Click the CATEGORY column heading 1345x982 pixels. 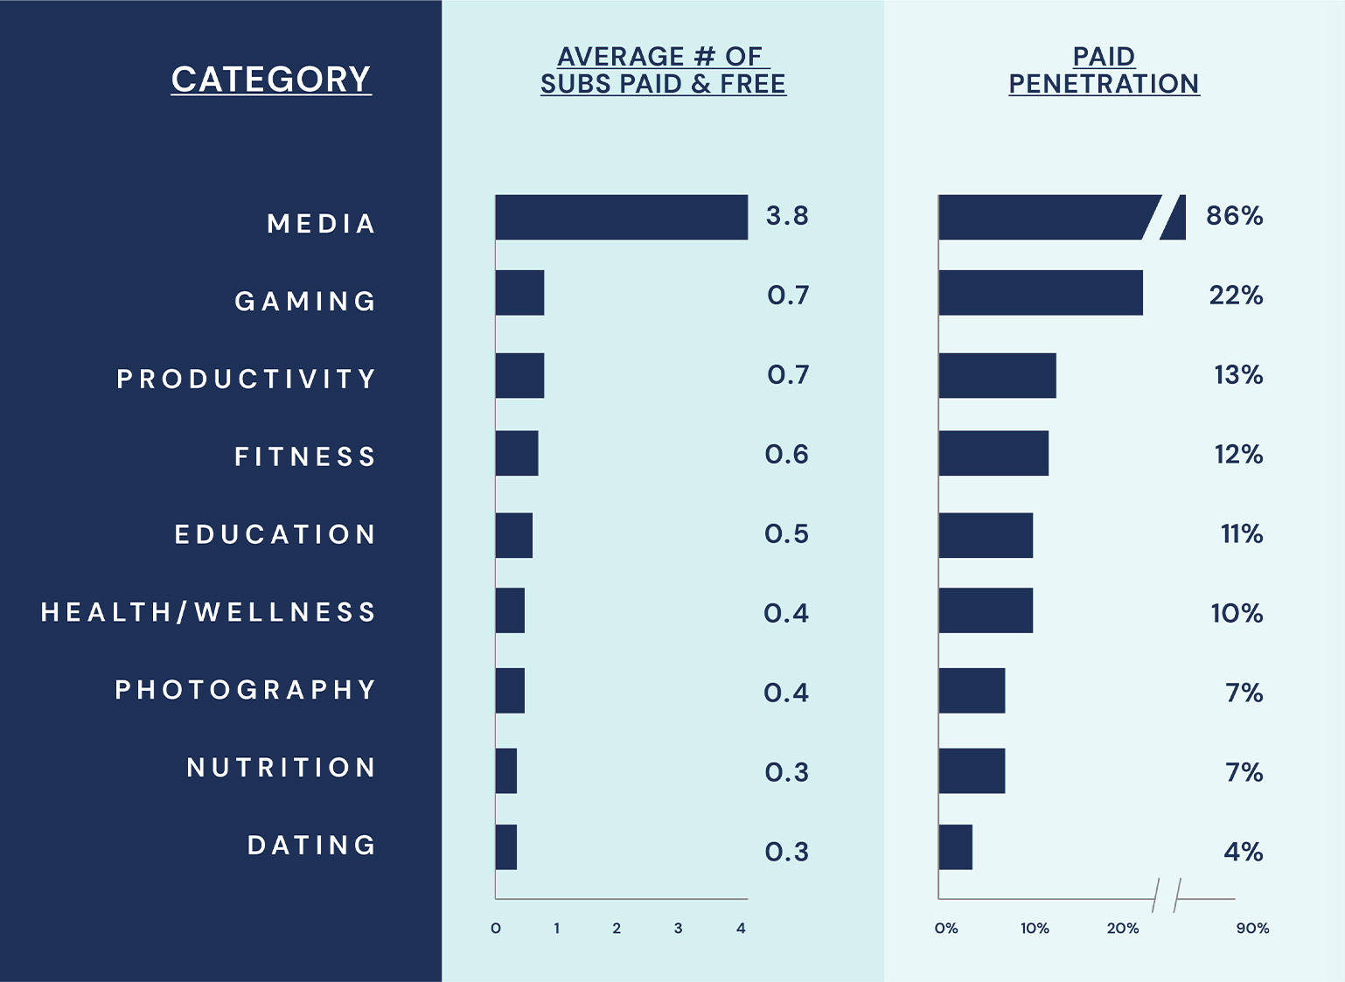271,80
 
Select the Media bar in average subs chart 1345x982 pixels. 621,217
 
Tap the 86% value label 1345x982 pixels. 1234,216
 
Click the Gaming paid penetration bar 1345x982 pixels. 1040,293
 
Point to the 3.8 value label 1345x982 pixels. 787,216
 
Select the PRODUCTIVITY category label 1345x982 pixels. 247,379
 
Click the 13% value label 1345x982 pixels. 1238,375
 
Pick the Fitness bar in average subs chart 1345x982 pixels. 517,453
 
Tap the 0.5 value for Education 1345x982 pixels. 786,534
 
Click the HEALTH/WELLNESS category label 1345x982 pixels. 209,612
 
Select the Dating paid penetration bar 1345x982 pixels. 955,847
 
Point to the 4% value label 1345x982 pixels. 1243,852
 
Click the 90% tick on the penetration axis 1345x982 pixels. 1252,929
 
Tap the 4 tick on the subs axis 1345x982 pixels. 741,929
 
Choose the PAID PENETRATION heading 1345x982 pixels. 1104,70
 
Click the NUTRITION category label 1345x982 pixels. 282,768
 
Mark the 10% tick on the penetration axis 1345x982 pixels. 1035,929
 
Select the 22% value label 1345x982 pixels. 1236,296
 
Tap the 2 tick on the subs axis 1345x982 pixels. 617,929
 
